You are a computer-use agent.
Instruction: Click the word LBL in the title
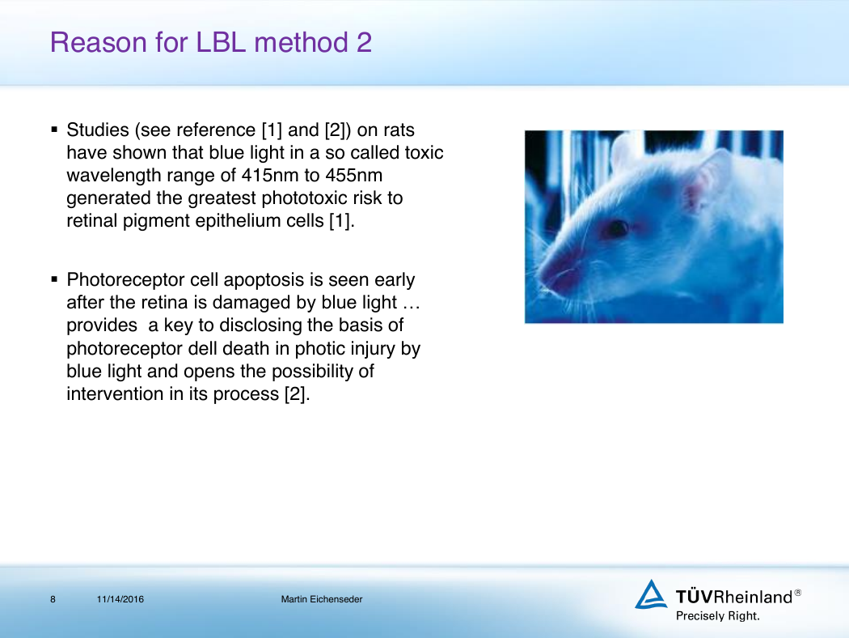click(221, 42)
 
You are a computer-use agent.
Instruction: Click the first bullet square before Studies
click(54, 130)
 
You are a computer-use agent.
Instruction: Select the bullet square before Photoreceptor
click(54, 279)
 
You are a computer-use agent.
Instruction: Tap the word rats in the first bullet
click(399, 130)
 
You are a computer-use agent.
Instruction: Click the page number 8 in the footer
click(53, 599)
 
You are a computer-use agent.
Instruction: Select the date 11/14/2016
click(120, 599)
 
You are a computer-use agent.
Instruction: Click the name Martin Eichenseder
click(322, 599)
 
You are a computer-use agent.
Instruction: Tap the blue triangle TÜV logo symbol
click(650, 594)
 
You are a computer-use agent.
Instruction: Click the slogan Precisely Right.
click(717, 616)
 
